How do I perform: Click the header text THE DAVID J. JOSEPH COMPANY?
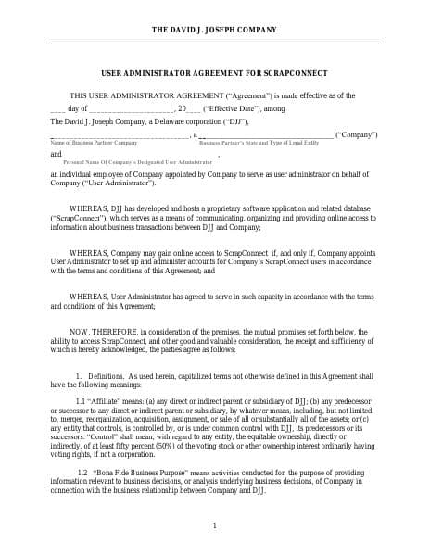214,30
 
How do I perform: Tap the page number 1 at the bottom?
214,525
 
